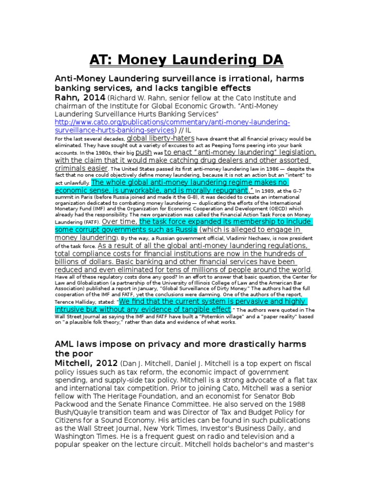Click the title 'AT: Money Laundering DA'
tap(186, 60)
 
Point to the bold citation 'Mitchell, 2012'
tap(86, 363)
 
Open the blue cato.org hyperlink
tap(165, 126)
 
